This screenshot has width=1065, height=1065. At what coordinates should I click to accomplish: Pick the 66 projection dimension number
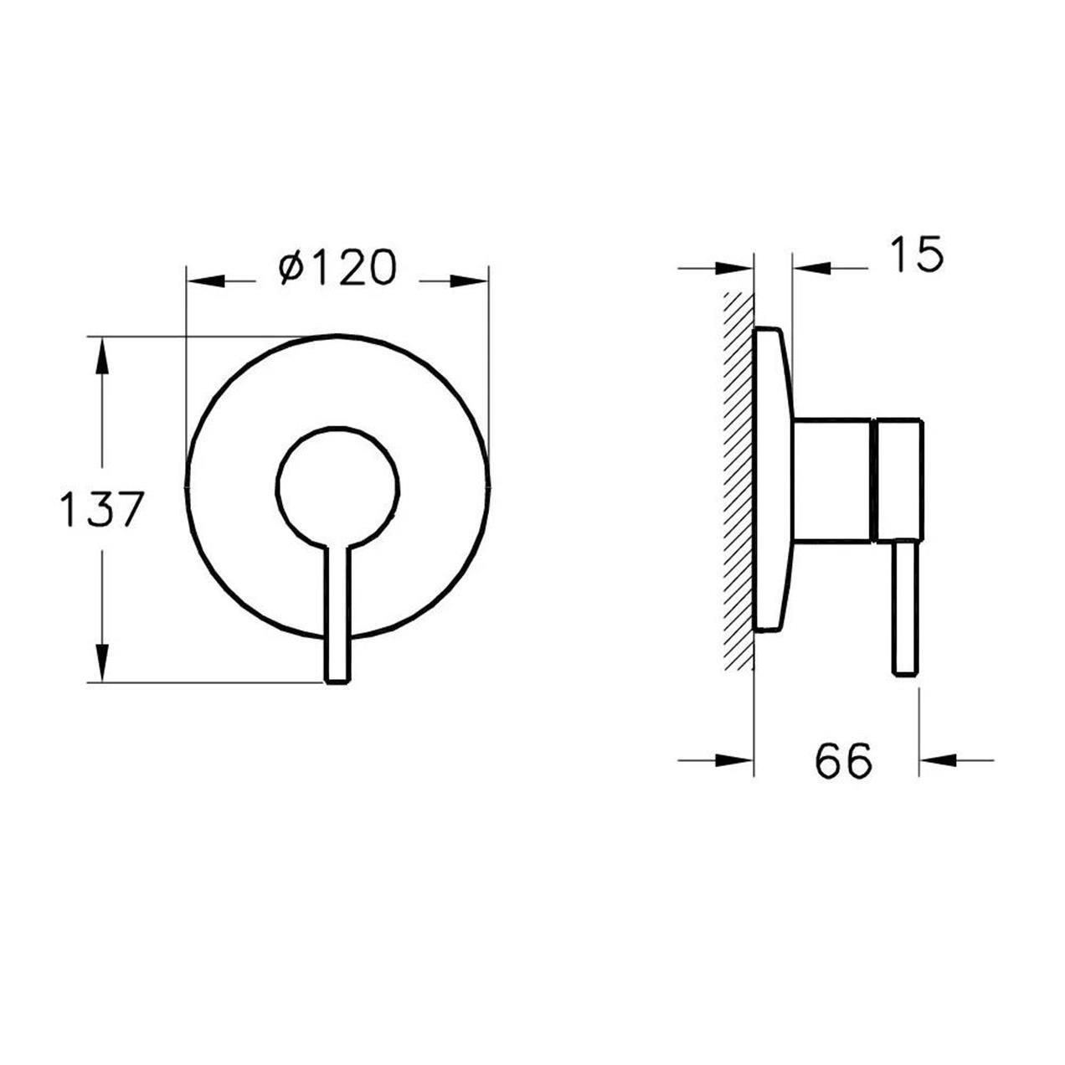tap(842, 760)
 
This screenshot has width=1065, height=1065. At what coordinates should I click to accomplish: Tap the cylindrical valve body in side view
tap(832, 479)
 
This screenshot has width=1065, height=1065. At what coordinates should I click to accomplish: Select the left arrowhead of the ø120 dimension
tap(206, 280)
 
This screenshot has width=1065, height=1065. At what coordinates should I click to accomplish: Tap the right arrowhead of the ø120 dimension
tap(469, 280)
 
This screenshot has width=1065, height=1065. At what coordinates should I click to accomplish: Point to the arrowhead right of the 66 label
tap(938, 760)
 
